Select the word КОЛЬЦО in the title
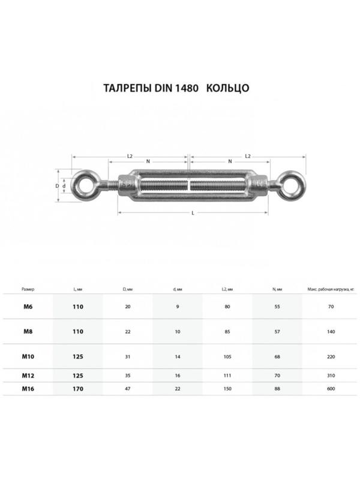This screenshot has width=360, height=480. point(227,88)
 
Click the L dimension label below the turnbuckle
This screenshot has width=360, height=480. point(192,214)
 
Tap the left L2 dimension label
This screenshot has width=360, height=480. point(130,156)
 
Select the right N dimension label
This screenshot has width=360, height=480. point(230,161)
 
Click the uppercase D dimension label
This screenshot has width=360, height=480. point(58,186)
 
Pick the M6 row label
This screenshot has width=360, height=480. point(28,307)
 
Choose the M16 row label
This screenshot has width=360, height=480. point(28,388)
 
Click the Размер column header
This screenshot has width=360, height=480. point(28,289)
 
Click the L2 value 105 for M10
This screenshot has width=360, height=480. point(227,356)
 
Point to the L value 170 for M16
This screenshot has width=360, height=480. point(77,388)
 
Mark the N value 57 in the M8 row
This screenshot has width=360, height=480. point(277,331)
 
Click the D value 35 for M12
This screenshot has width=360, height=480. point(127,375)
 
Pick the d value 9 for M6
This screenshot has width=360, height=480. point(178,307)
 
